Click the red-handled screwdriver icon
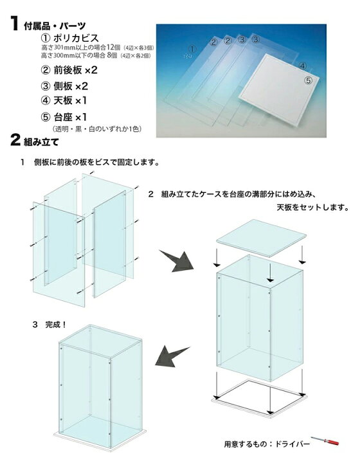click(x=325, y=441)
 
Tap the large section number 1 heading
click(x=14, y=24)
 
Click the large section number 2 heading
click(x=15, y=140)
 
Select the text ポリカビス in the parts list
click(x=76, y=38)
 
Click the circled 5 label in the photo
click(x=308, y=80)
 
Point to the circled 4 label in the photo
click(x=302, y=66)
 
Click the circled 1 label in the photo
click(x=192, y=49)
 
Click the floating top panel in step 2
click(x=261, y=238)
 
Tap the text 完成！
click(x=56, y=325)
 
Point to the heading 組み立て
click(x=41, y=142)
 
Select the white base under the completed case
click(x=100, y=440)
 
